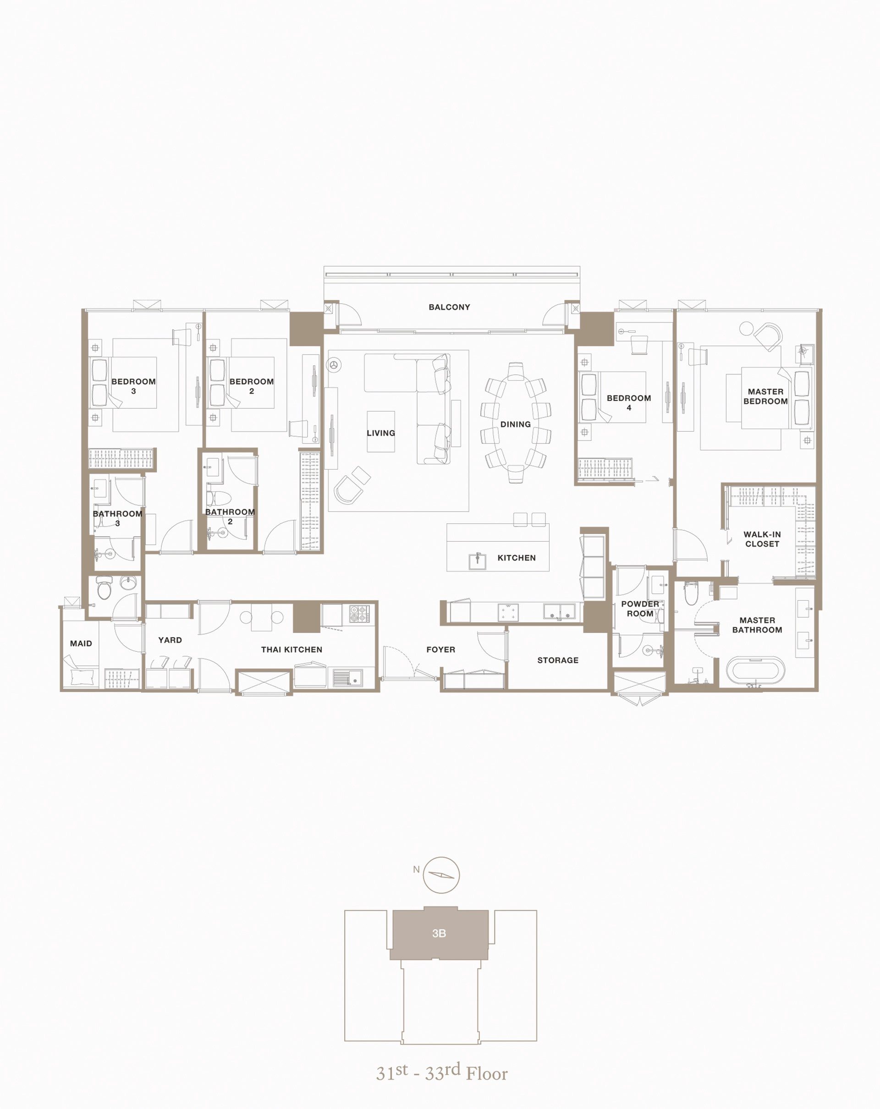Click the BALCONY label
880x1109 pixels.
pos(449,307)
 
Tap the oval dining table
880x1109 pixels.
pos(515,423)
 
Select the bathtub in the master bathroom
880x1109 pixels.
pos(755,671)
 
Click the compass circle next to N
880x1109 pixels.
pos(441,875)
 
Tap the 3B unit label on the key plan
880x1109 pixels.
pos(439,933)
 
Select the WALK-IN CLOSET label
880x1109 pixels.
pos(762,539)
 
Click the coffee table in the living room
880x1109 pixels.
pos(380,432)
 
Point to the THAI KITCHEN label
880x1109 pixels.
pos(291,650)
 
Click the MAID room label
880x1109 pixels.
pos(81,643)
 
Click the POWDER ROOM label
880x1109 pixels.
pos(640,609)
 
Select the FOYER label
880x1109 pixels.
pos(440,650)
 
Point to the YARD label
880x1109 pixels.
pos(170,640)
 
